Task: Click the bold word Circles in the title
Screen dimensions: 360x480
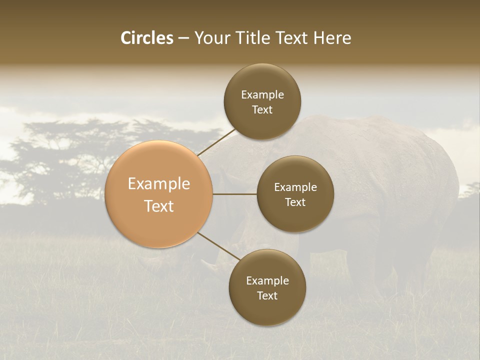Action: (x=146, y=38)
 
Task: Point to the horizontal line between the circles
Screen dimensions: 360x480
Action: (x=235, y=194)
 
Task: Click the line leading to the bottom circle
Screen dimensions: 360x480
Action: (x=218, y=246)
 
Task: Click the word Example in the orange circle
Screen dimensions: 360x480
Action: (x=159, y=183)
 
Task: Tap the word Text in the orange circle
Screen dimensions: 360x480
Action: (x=159, y=206)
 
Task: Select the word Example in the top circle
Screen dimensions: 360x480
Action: (x=262, y=94)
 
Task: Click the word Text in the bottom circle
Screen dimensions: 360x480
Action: (x=267, y=295)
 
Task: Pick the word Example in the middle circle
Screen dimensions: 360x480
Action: (x=295, y=187)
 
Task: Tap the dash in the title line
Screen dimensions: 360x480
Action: (x=183, y=38)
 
